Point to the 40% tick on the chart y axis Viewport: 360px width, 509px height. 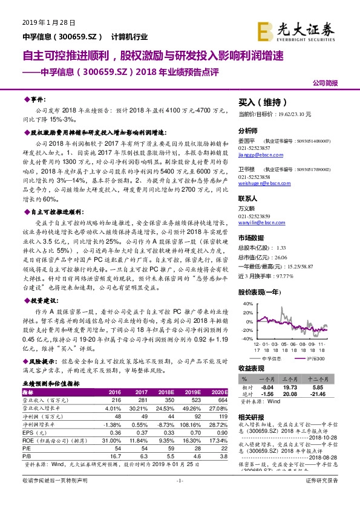246,304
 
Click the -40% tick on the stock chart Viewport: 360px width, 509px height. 246,339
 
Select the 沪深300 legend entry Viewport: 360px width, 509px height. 314,359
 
